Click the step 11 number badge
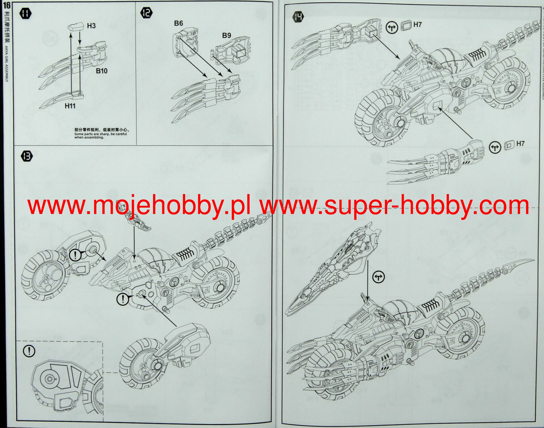25,14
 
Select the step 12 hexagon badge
146,12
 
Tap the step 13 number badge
27,156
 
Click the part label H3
91,26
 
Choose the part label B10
101,71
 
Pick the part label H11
70,106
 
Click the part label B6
178,23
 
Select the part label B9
227,35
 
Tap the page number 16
6,5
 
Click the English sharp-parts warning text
100,135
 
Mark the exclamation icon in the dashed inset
29,351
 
